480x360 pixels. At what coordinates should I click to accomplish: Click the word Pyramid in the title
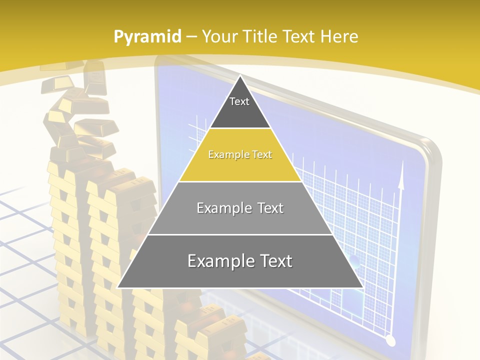coord(147,37)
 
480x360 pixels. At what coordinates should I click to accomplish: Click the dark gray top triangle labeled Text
coord(240,107)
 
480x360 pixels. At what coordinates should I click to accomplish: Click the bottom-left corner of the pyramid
coord(118,287)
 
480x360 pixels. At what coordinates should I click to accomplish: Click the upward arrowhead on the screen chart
coord(400,181)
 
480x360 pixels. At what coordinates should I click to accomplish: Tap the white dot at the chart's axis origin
coord(390,341)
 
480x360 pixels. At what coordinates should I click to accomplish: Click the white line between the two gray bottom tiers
coord(240,234)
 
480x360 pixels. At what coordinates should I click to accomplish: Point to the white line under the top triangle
coord(240,128)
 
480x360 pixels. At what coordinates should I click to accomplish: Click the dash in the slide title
coord(191,37)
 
